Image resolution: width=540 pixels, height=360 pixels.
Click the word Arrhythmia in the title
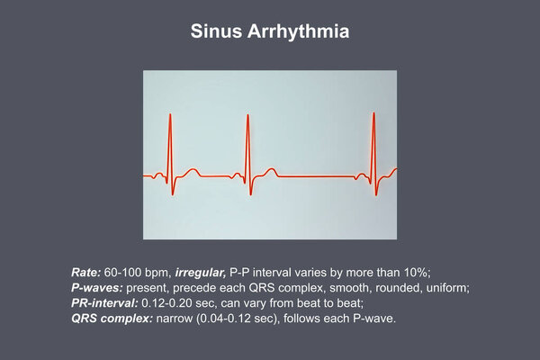coord(298,32)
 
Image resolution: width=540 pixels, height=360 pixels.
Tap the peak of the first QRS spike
coord(170,114)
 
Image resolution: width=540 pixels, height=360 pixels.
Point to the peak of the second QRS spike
coord(247,115)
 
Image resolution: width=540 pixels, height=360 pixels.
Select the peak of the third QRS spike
coord(373,113)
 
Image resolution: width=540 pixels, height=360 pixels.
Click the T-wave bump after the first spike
coord(193,171)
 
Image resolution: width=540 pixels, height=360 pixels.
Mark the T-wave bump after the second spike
coord(272,170)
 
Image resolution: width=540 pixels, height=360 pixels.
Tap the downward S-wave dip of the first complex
coord(173,194)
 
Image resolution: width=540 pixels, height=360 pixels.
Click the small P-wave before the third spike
coord(361,175)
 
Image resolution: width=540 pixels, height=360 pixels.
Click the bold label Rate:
coord(85,273)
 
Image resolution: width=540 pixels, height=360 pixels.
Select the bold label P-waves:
coord(97,288)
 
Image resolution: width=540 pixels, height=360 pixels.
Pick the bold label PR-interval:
coord(104,303)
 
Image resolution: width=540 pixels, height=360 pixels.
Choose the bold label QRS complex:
coord(112,319)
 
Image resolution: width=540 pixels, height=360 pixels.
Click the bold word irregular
coord(201,273)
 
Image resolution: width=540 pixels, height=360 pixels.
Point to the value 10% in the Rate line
coord(417,273)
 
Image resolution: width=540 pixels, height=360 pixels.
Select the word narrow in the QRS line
coord(174,319)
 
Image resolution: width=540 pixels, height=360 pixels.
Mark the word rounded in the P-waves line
coord(398,288)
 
